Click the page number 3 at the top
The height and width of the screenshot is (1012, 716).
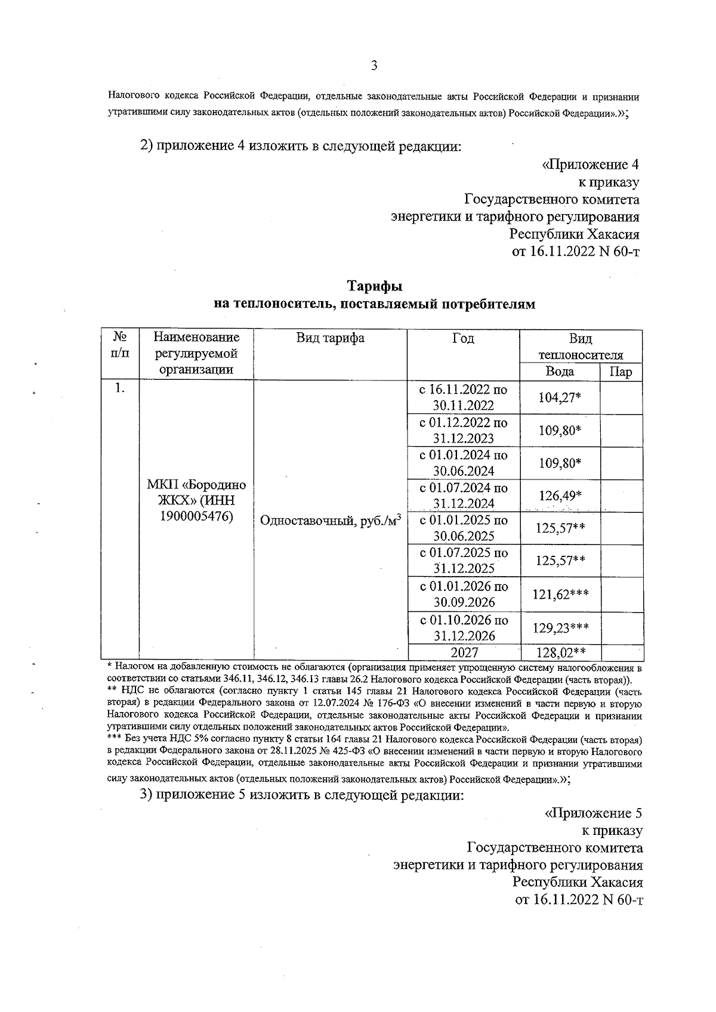pos(374,66)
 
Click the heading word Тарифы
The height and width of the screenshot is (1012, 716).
pos(375,287)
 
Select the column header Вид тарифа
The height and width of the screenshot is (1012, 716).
pos(331,338)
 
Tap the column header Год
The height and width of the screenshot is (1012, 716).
pos(463,338)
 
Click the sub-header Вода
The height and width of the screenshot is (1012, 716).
pos(560,372)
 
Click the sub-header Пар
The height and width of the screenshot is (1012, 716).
pos(621,372)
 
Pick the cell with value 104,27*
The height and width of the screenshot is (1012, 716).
pos(560,397)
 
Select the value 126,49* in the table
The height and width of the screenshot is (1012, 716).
pos(560,496)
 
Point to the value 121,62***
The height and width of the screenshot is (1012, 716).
pos(560,594)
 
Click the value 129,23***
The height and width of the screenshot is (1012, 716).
pos(560,627)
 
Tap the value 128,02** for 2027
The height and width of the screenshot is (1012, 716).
pos(560,652)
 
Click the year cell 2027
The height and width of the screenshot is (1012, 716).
pos(464,652)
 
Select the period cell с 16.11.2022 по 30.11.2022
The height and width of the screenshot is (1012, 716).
pos(464,397)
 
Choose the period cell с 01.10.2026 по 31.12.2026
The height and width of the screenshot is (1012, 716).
pos(464,627)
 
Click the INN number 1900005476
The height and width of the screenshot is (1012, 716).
pos(196,516)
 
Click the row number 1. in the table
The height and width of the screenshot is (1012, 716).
pos(120,388)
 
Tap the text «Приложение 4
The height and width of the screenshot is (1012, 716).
pos(590,164)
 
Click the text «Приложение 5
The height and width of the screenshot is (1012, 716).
pos(593,813)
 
